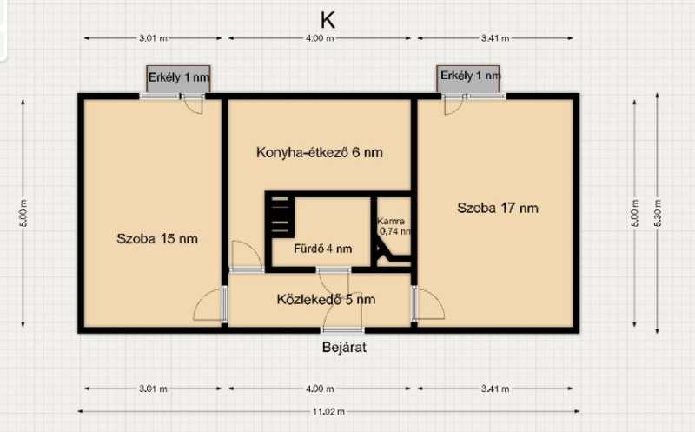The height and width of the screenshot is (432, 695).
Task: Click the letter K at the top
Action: point(328,20)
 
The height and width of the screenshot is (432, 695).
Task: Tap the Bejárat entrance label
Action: point(344,347)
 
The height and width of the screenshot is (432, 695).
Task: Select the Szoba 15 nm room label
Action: point(157,239)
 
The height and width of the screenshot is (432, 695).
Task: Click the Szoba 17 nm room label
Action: point(498,208)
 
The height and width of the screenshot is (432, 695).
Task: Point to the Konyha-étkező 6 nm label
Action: point(319,153)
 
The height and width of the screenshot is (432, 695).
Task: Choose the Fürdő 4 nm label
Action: point(322,249)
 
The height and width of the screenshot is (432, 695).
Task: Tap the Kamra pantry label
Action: point(390,221)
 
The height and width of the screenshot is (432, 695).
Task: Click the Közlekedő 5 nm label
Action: point(326,299)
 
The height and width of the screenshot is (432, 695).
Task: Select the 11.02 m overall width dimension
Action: point(328,412)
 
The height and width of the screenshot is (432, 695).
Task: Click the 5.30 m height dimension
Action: point(658,213)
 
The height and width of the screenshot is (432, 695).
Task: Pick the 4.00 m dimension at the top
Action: point(320,38)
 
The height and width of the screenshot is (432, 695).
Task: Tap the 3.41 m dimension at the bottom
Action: point(495,389)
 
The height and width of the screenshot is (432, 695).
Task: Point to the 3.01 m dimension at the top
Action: point(154,38)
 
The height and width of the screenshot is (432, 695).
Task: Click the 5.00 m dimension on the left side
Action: point(23,213)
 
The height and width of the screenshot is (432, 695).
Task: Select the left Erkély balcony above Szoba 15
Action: point(179,79)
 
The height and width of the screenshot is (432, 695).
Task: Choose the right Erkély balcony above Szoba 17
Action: point(468,79)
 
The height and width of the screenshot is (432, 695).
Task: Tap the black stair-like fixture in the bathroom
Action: point(280,217)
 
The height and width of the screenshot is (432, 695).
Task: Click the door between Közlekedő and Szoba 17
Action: point(427,303)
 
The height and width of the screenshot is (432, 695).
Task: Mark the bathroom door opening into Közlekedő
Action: point(334,281)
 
